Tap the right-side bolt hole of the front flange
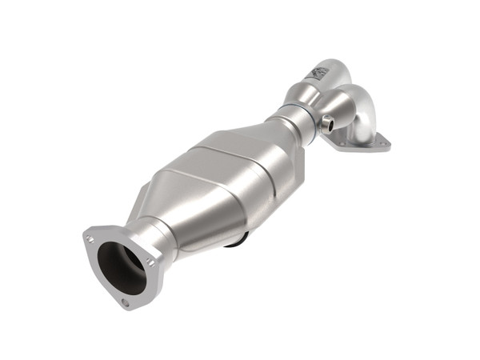coord(150,261)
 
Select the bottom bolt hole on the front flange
coord(124,303)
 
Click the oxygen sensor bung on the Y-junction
coord(327,123)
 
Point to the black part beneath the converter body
coord(239,239)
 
